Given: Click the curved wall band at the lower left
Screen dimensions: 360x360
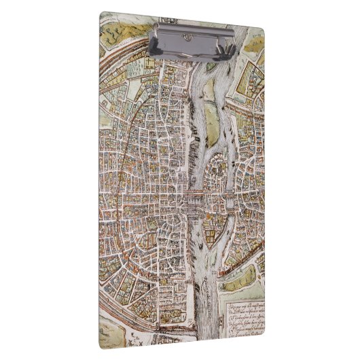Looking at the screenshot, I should coord(122,299).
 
